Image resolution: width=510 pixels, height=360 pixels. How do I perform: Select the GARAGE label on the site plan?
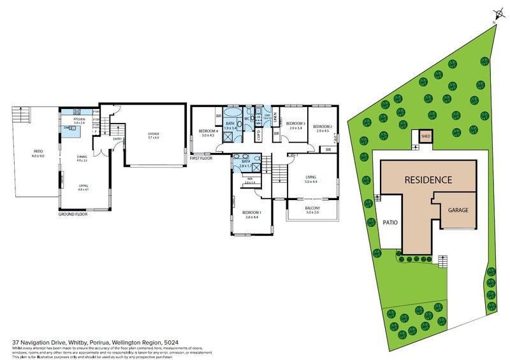click(458, 210)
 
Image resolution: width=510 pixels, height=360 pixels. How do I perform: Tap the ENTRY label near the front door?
click(117, 139)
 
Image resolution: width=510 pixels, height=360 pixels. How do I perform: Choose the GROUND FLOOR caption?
click(72, 215)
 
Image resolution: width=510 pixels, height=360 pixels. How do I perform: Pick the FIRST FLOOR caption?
click(201, 157)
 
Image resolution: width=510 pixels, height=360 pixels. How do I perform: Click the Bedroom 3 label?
click(295, 125)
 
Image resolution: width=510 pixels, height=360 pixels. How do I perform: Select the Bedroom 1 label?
click(250, 214)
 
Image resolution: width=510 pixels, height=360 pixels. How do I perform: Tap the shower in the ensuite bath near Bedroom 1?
click(255, 168)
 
